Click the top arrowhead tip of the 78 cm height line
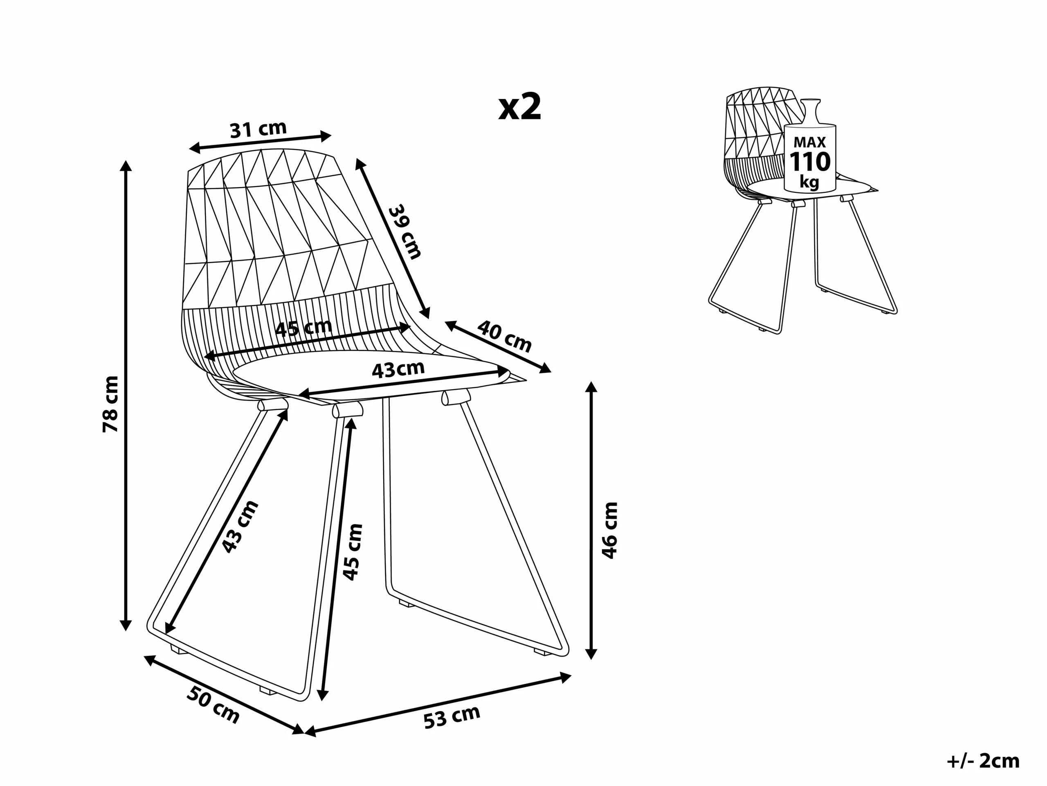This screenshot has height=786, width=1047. tap(126, 160)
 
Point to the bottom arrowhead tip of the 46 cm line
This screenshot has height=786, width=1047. tap(591, 659)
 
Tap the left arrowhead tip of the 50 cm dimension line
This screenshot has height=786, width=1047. tap(144, 656)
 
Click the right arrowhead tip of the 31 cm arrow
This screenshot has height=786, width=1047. tap(331, 136)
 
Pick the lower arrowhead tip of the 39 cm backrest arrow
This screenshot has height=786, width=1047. tap(429, 318)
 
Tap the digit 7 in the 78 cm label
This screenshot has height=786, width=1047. tap(110, 425)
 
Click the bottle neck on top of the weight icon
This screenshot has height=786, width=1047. tap(810, 113)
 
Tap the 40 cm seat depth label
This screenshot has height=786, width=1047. tap(504, 336)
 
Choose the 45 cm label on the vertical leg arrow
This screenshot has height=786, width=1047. tap(353, 552)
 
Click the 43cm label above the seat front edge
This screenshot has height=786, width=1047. tap(398, 370)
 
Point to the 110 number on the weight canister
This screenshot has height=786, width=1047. tap(810, 162)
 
